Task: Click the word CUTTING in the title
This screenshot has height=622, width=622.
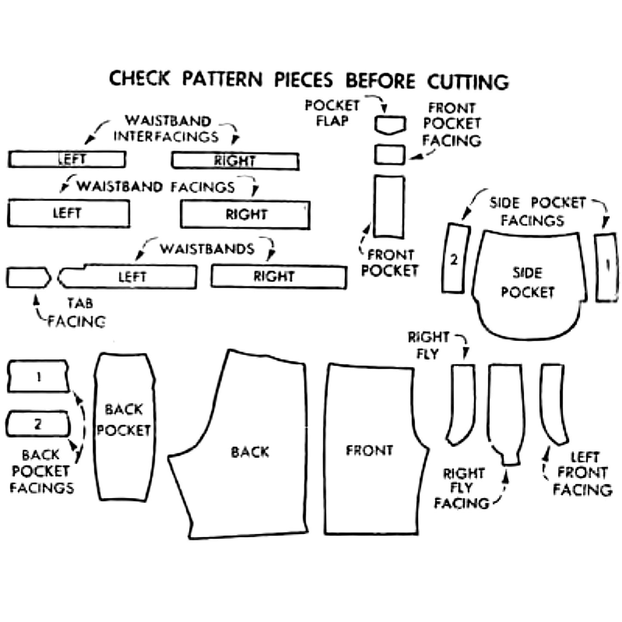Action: click(x=467, y=82)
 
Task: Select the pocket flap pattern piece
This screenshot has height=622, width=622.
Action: click(x=390, y=124)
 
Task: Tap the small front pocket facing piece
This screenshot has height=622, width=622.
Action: click(x=390, y=155)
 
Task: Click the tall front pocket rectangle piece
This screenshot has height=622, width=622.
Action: click(x=389, y=207)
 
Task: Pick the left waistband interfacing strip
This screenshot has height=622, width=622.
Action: click(x=67, y=159)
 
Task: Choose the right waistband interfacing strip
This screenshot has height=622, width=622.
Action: click(x=235, y=161)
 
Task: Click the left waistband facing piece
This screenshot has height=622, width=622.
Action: click(x=68, y=213)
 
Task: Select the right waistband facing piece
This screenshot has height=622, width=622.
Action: click(x=245, y=214)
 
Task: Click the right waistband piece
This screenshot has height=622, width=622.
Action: click(x=279, y=277)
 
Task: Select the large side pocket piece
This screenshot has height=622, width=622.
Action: click(x=528, y=284)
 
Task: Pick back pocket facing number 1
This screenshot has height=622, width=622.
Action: click(x=38, y=377)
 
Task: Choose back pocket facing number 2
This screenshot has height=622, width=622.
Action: click(x=38, y=424)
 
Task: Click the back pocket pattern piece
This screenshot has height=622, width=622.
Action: click(x=124, y=426)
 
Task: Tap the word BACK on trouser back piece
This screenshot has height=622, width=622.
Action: click(x=250, y=452)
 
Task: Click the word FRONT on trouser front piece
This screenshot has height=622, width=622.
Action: click(x=369, y=450)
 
